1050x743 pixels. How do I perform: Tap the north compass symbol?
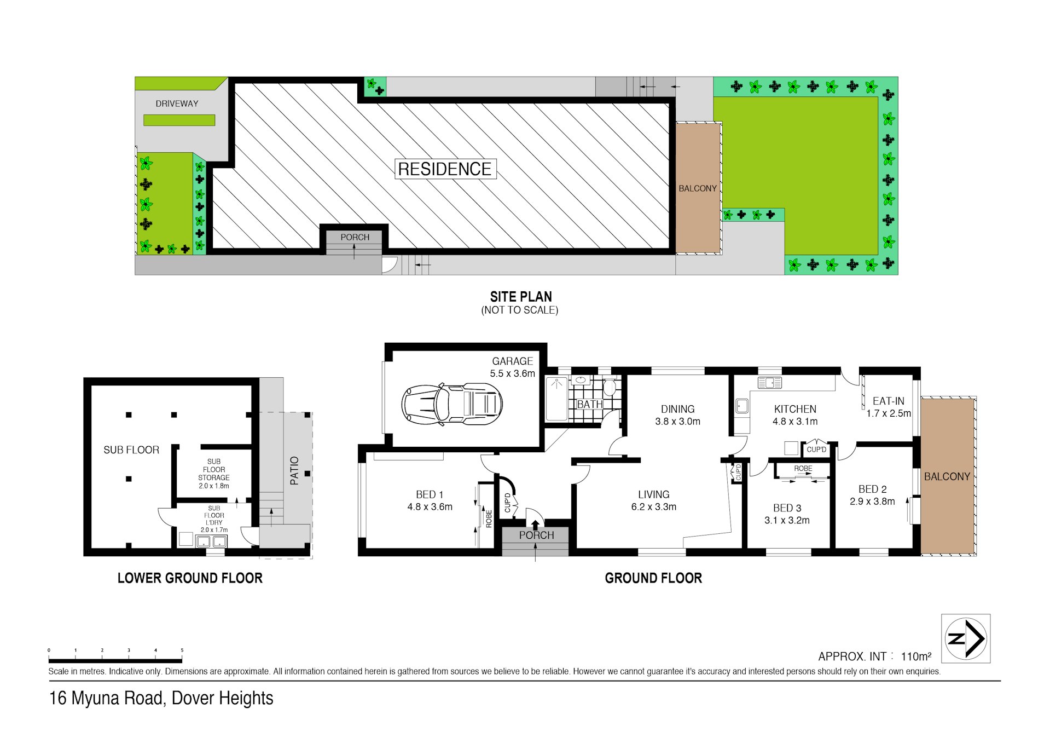[966, 638]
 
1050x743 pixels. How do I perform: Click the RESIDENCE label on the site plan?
[444, 169]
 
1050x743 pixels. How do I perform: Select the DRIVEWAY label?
[177, 103]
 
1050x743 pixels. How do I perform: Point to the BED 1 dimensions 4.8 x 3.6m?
[430, 507]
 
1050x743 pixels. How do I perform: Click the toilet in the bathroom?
[609, 388]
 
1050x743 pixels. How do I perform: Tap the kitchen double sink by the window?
[769, 383]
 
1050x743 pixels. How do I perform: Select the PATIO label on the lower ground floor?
[294, 470]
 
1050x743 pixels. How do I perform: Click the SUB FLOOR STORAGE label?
[214, 474]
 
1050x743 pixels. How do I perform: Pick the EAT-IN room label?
[888, 401]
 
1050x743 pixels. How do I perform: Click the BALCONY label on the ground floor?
[947, 477]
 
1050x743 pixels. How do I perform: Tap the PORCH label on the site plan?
[355, 237]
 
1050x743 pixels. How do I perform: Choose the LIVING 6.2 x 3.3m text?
[653, 500]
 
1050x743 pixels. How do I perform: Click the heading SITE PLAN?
[520, 297]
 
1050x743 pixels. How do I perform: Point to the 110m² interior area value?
[915, 656]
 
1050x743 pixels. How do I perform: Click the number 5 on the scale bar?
[182, 650]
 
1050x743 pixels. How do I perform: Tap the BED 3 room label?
[787, 508]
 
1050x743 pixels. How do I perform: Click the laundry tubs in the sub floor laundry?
[211, 542]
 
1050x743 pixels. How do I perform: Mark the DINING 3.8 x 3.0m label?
[677, 415]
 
